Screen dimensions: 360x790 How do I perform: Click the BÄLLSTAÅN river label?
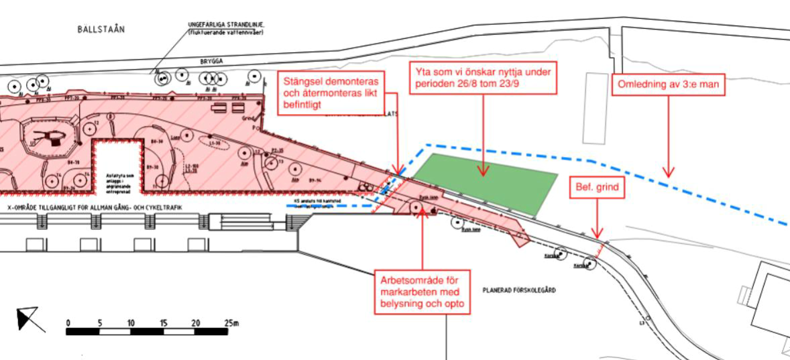[x=101, y=29]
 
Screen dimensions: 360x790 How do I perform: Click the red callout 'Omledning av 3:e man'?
[x=669, y=85]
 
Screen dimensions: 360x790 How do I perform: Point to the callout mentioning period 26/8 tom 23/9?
[x=483, y=79]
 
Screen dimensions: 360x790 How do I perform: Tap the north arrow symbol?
[x=30, y=318]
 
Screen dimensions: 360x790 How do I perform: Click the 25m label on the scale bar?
[x=231, y=323]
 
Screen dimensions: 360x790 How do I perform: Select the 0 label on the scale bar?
[x=68, y=323]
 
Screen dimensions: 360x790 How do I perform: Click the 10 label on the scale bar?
[x=131, y=323]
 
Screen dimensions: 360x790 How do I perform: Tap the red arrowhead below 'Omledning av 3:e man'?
[x=668, y=172]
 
